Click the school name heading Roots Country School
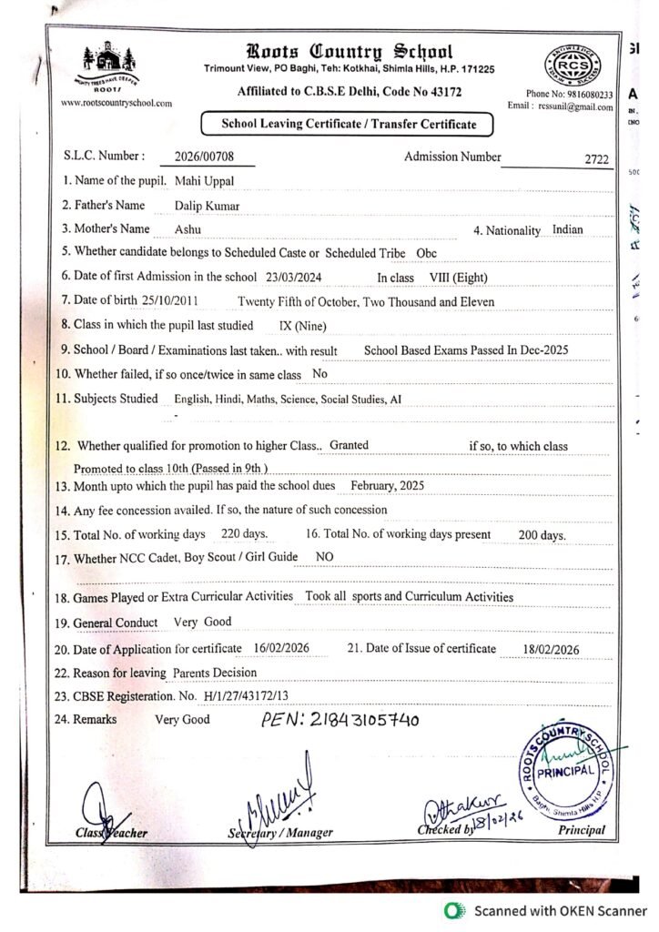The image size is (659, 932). (x=348, y=52)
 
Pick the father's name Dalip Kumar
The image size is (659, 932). (x=208, y=206)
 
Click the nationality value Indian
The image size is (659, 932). (x=568, y=230)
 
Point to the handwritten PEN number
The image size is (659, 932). (x=340, y=721)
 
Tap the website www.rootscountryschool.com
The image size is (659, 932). (x=117, y=103)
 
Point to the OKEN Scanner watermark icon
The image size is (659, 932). (x=451, y=909)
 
